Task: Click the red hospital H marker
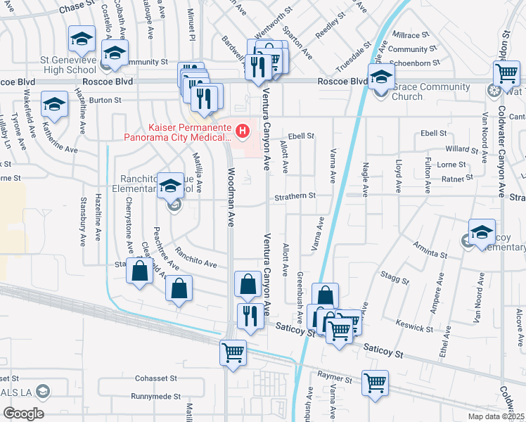coord(243,130)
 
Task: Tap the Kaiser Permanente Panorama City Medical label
coord(179,133)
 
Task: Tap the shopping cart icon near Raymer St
coord(375,383)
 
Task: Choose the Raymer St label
coord(334,378)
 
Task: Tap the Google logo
coord(23,413)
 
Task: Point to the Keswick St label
coord(414,327)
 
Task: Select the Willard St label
coord(461,149)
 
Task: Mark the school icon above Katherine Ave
coord(53,105)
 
